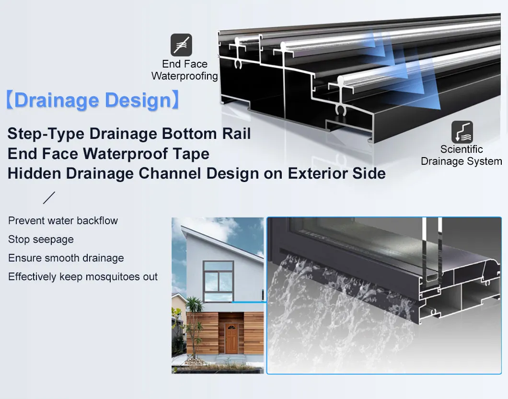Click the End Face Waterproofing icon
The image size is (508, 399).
click(x=181, y=45)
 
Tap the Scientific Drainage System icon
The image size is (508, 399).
click(x=462, y=132)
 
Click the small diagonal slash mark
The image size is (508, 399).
click(x=49, y=198)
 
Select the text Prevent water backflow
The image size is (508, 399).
click(x=63, y=221)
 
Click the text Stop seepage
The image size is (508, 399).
click(x=41, y=239)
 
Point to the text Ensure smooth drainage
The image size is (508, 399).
click(x=66, y=258)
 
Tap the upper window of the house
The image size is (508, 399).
click(x=218, y=281)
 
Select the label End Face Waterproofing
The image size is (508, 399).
click(x=185, y=70)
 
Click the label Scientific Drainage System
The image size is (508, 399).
click(x=461, y=155)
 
